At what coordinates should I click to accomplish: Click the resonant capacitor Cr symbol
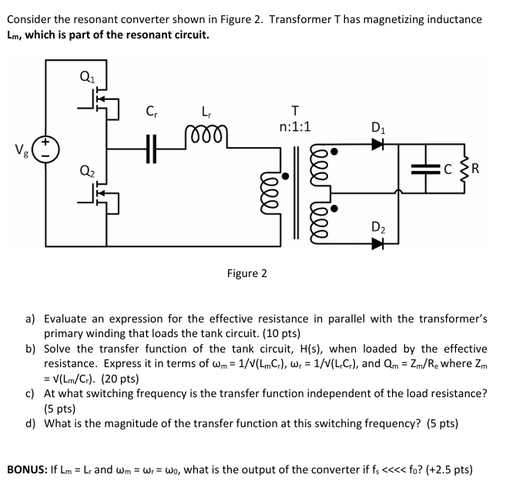click(x=152, y=149)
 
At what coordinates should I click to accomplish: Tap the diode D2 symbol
click(x=377, y=244)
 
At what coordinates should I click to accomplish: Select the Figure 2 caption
click(x=246, y=273)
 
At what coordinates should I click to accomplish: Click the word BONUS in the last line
click(x=28, y=469)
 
